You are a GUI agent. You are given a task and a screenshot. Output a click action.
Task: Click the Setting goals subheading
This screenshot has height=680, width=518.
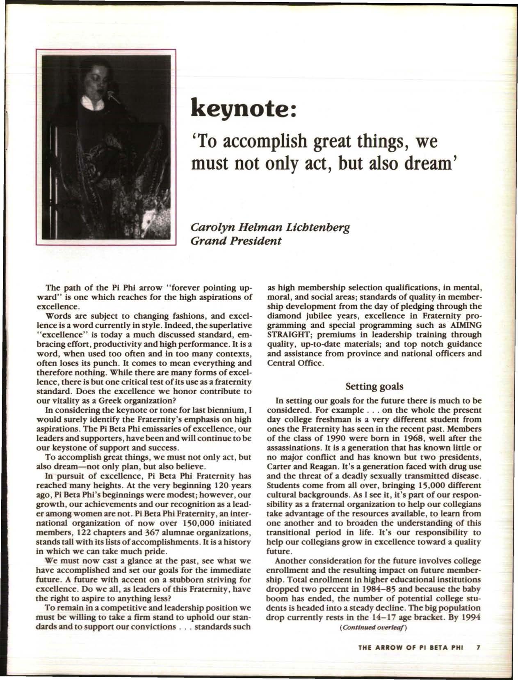coord(374,386)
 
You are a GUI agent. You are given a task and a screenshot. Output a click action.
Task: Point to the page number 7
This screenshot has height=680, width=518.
coord(477,648)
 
